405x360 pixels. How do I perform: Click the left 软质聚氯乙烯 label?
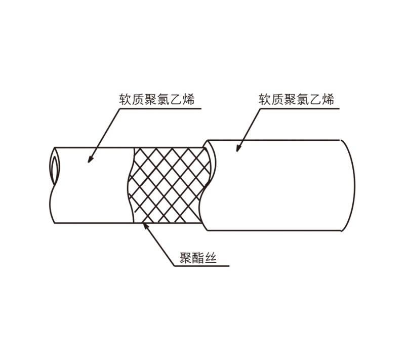click(156, 99)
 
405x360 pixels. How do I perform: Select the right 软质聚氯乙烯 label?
click(296, 99)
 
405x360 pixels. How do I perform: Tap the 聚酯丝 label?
click(198, 258)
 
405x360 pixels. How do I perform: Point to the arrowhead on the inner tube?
click(90, 160)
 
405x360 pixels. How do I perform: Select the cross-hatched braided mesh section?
click(169, 185)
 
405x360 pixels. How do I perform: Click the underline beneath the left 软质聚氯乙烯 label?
click(160, 109)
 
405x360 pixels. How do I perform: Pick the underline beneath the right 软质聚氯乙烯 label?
click(300, 109)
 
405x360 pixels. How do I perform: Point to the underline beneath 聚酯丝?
click(201, 266)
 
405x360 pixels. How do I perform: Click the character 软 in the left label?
click(125, 100)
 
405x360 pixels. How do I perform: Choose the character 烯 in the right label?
click(328, 99)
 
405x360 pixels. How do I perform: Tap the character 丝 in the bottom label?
click(211, 258)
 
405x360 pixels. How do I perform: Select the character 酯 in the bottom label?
click(198, 258)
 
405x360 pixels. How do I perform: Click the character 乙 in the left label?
click(175, 100)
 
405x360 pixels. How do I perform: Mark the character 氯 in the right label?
click(303, 99)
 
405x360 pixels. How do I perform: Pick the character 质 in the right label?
click(277, 99)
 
